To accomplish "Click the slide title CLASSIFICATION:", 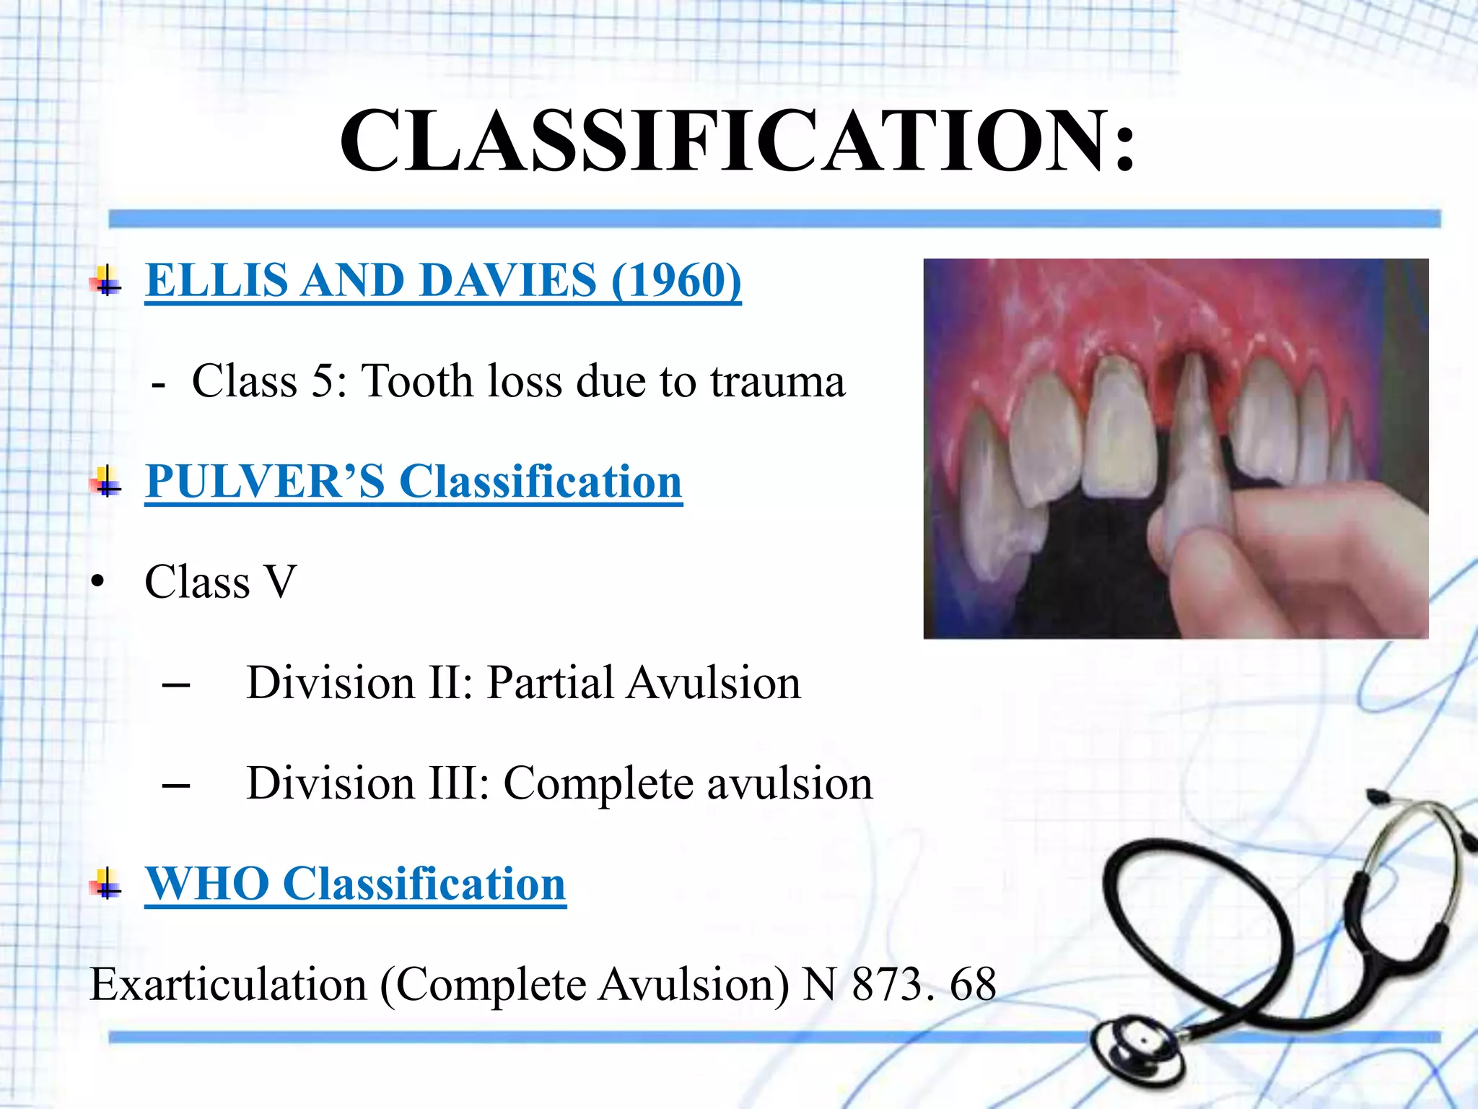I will tap(738, 141).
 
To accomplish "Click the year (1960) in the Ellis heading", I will tap(675, 280).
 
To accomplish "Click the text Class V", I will tap(220, 582).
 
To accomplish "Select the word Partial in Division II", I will tap(548, 683).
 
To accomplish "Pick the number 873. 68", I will tap(924, 985).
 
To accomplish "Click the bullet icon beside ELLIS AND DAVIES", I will tap(107, 282).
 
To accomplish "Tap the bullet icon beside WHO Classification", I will tap(107, 884).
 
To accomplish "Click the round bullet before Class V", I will tap(99, 582).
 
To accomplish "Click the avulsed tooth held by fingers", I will tap(1194, 448).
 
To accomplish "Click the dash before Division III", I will tap(176, 786).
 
